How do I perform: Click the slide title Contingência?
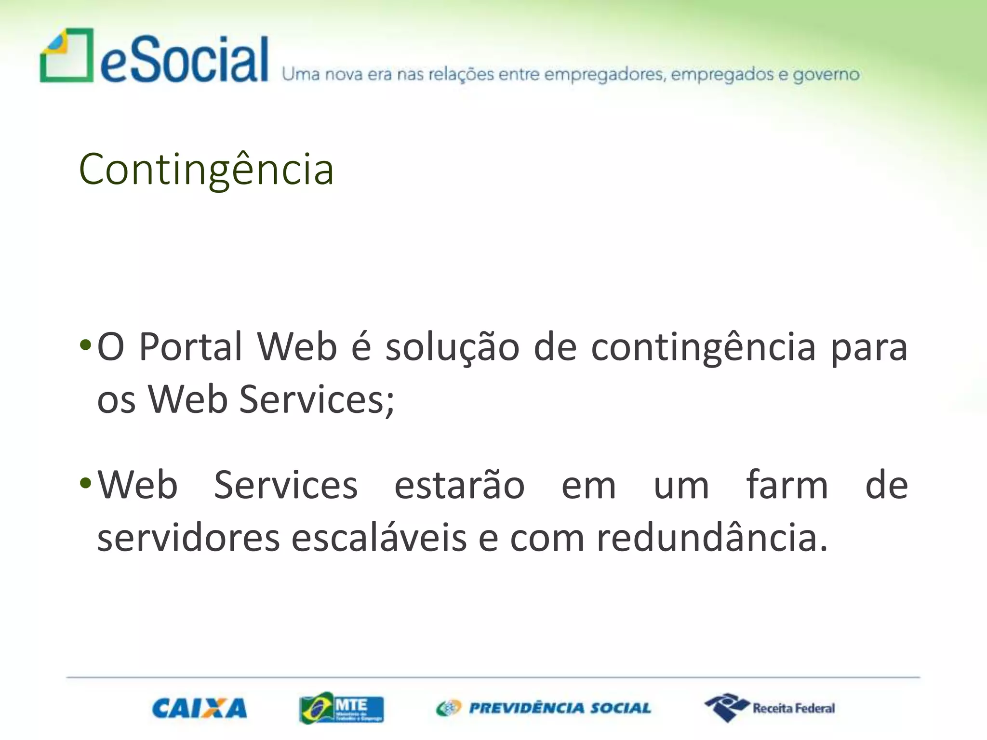(206, 169)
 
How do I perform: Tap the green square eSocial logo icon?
(67, 55)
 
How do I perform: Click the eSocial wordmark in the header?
(184, 60)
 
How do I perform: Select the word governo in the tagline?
(826, 75)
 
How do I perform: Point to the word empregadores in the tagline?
(605, 75)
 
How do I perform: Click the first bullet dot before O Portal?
(85, 345)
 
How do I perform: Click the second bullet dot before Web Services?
(85, 483)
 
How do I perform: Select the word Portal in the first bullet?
(190, 346)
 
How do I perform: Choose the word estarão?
(459, 485)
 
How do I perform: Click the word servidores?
(188, 538)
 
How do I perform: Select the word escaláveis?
(379, 537)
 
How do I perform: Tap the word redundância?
(711, 537)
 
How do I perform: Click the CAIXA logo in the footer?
(200, 709)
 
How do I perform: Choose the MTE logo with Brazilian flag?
(341, 708)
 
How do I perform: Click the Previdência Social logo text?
(560, 708)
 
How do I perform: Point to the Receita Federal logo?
(770, 708)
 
